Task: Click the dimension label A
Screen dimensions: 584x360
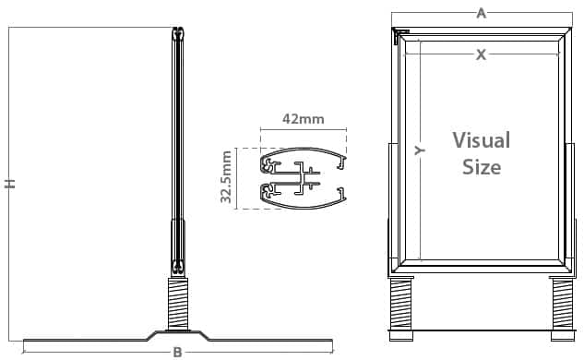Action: pyautogui.click(x=482, y=14)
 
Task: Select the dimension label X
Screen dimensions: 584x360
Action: pyautogui.click(x=482, y=54)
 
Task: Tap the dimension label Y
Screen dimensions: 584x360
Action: pyautogui.click(x=420, y=150)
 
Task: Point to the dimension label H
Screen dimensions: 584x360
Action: pyautogui.click(x=10, y=184)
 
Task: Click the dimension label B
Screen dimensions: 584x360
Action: pyautogui.click(x=178, y=353)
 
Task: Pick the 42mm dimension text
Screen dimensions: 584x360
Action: pyautogui.click(x=304, y=119)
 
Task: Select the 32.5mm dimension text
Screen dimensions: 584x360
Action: pyautogui.click(x=226, y=176)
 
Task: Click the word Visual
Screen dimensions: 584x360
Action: pyautogui.click(x=482, y=140)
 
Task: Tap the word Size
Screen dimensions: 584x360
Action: pyautogui.click(x=482, y=166)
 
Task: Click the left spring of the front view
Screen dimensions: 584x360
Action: pyautogui.click(x=400, y=304)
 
